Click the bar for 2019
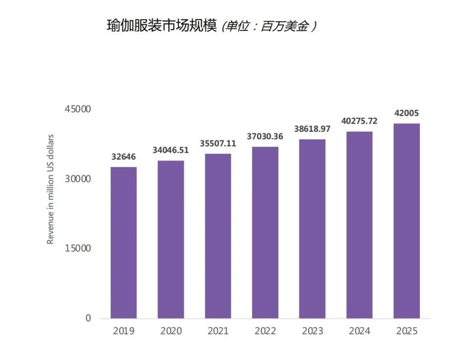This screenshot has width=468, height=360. coord(123,242)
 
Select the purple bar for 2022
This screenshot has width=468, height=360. coord(265,232)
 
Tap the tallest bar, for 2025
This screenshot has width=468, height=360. coord(406,221)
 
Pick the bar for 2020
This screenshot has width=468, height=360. coord(171,239)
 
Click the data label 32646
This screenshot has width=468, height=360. coord(123,157)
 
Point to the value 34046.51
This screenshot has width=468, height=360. coord(170,150)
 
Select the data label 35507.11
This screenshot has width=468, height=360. coord(218,143)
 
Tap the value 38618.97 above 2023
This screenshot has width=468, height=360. coord(312,129)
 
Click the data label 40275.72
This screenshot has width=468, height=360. coord(359,121)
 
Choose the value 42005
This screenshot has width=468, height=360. coord(406,113)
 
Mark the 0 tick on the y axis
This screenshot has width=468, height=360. coord(88,318)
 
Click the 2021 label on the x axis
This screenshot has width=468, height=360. coord(218,331)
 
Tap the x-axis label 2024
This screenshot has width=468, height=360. coord(360,331)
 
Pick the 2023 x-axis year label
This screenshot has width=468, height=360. coord(312,331)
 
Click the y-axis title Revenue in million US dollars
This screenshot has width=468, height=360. coord(51,189)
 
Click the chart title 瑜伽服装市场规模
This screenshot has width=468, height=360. coord(161,26)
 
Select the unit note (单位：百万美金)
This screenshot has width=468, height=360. coord(269,27)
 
